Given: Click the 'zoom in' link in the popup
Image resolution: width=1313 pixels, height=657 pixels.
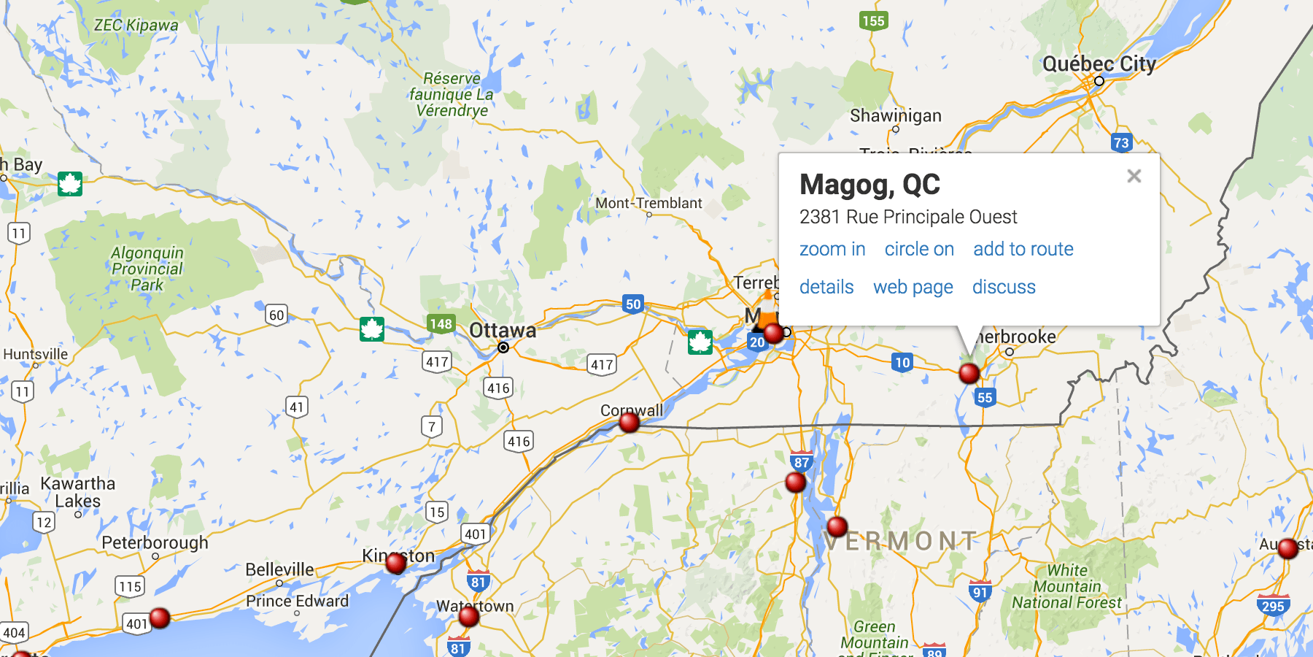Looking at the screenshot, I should click(x=832, y=250).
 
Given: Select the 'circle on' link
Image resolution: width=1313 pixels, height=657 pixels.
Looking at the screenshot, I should click(x=919, y=250).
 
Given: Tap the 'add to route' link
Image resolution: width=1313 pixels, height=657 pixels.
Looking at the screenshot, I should click(x=1023, y=250).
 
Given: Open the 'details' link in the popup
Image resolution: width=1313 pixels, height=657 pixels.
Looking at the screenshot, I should click(x=826, y=288).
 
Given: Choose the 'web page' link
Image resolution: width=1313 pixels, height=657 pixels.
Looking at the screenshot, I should click(x=913, y=288).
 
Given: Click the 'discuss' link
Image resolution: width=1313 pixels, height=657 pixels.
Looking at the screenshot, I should click(x=1004, y=288).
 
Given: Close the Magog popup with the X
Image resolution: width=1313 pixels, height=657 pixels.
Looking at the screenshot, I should click(x=1134, y=176).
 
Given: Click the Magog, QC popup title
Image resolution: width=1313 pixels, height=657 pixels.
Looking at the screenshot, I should click(x=869, y=185).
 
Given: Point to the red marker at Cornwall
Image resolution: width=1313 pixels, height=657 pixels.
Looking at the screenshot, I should click(x=629, y=423).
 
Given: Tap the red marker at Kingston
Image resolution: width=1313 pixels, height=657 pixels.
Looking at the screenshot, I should click(x=396, y=563).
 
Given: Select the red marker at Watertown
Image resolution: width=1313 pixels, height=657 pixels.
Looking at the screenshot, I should click(x=469, y=617).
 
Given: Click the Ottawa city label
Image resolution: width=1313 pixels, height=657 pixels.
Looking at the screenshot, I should click(x=503, y=331).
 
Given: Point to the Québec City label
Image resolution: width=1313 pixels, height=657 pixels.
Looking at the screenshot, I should click(x=1099, y=64).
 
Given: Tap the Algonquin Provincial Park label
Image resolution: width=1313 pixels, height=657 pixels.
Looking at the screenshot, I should click(x=147, y=269).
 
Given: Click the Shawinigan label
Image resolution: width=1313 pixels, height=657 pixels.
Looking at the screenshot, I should click(x=895, y=116).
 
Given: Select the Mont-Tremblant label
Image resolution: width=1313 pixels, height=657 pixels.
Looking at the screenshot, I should click(x=648, y=204).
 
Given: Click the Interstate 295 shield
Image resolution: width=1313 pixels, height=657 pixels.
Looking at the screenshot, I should click(x=1273, y=605).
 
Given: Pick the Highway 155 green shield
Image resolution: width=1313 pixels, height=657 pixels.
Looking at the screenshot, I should click(x=873, y=21).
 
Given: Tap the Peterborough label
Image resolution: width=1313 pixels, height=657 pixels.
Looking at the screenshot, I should click(x=155, y=543).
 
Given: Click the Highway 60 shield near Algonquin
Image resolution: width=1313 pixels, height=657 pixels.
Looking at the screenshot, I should click(x=276, y=315).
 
